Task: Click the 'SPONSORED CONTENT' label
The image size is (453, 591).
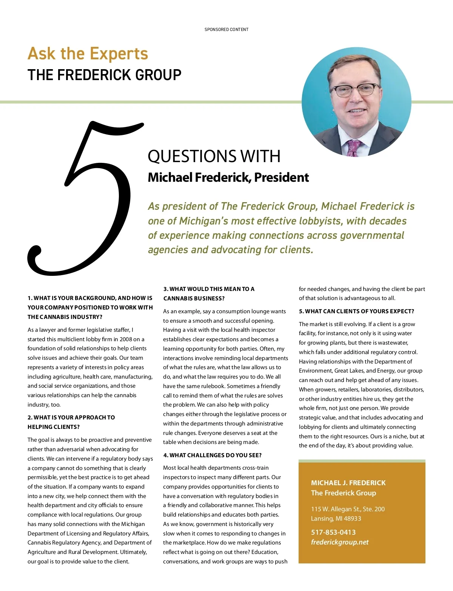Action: pos(226,29)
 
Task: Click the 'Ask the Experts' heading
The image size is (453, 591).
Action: pos(88,54)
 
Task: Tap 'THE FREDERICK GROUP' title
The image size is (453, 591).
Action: pos(105,75)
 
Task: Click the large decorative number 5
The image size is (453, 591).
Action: pos(85,196)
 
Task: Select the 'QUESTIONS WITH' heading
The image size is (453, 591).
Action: pos(214,156)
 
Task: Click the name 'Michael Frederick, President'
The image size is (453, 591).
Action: pos(228,177)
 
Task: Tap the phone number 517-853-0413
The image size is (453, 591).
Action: pos(333,532)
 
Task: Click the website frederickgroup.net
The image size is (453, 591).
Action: pos(340,542)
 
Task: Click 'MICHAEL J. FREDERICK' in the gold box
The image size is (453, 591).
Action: pos(348,483)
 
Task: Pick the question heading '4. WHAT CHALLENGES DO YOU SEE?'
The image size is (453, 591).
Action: pos(213,455)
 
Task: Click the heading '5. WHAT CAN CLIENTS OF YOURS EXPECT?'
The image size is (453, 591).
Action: pos(356,311)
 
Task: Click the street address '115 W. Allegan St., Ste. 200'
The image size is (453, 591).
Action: pos(348,509)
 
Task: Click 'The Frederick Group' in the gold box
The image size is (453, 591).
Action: pos(344,493)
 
